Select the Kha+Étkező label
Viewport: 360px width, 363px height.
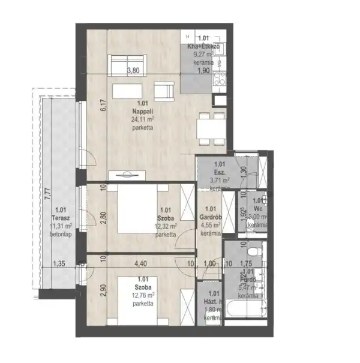coord(204,46)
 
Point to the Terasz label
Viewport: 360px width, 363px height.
coord(58,217)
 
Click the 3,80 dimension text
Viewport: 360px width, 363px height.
coord(133,71)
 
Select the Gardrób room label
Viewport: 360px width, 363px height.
coord(210,217)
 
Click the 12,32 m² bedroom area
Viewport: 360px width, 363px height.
coord(165,227)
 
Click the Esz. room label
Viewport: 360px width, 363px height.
coord(220,170)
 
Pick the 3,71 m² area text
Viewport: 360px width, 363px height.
coord(220,178)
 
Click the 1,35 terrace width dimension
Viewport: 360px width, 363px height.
coord(58,263)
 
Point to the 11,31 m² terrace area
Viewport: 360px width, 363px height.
coord(61,226)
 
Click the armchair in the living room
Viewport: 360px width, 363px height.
coord(163,91)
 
